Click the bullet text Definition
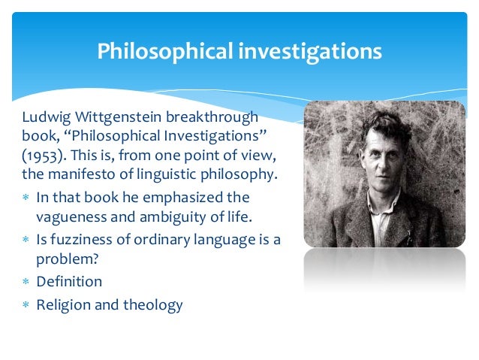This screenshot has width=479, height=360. coord(69,282)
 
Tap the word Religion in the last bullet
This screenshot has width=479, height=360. coord(64,304)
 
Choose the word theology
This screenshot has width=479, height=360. coord(154,305)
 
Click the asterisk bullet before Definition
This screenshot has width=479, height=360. coord(26,283)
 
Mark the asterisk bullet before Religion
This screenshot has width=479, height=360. coord(26,305)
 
